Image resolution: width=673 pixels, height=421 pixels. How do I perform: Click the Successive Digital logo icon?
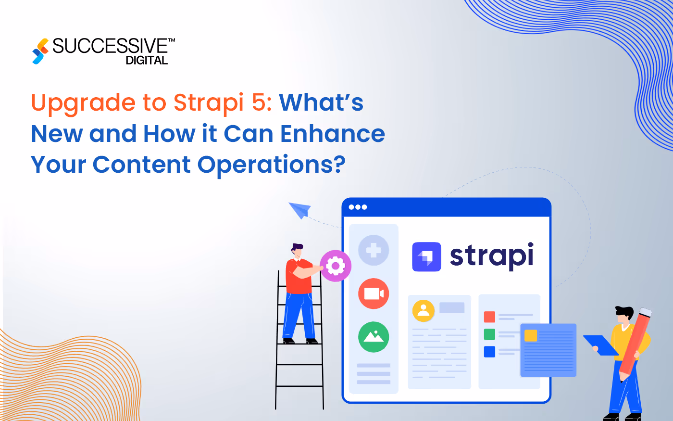tap(40, 51)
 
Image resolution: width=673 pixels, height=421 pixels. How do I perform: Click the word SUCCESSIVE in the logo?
tap(110, 46)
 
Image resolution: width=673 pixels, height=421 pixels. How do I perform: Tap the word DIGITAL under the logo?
tap(147, 61)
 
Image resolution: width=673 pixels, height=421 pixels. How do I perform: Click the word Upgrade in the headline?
tap(83, 103)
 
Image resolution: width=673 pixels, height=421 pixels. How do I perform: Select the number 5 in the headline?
tap(260, 102)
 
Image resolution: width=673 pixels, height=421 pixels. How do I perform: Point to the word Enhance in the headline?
tap(333, 134)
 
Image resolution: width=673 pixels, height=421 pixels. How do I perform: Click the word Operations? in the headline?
tap(272, 165)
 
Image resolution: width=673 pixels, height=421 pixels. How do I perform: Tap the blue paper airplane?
tap(300, 209)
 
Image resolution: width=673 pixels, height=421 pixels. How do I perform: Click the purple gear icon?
tap(336, 266)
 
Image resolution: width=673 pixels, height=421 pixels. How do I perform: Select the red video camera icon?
tap(374, 293)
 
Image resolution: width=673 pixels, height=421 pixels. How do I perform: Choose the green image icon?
tap(374, 337)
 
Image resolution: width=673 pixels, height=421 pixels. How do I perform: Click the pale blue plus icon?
tap(374, 250)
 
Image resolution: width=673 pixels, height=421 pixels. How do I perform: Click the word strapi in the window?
tap(491, 256)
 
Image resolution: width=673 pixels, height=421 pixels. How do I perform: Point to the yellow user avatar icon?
tap(424, 311)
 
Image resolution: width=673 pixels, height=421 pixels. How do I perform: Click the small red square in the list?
tap(489, 317)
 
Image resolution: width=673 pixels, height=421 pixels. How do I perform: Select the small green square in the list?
tap(489, 334)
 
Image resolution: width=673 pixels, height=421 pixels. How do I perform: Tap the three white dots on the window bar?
tap(358, 207)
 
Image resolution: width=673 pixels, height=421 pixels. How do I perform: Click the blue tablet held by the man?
tap(600, 345)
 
